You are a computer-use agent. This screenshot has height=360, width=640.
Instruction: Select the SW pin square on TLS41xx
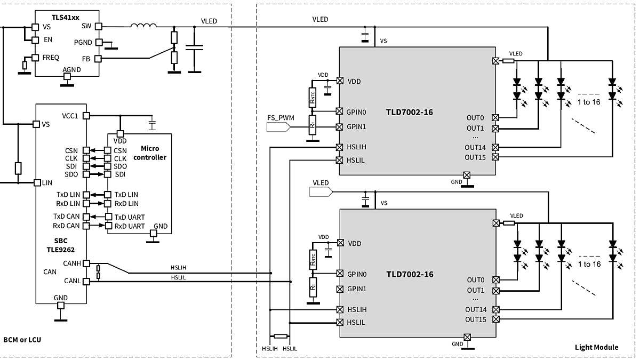point(98,26)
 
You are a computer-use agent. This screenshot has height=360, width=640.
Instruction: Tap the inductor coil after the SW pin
point(143,26)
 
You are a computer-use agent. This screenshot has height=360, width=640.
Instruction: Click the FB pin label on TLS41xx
point(85,59)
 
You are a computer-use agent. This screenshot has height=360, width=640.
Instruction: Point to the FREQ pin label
point(51,57)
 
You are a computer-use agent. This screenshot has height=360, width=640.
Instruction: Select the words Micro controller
point(149,153)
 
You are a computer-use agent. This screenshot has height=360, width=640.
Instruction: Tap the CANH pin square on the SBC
point(86,263)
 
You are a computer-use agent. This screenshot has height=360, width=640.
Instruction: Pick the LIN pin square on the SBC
point(37,182)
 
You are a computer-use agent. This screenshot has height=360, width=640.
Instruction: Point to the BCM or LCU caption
point(22,340)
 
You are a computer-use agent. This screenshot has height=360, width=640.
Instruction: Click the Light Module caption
point(596,347)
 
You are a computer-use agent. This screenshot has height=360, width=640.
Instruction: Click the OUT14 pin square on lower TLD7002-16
point(496,309)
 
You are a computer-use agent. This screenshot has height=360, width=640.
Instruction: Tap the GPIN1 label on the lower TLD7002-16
point(357,289)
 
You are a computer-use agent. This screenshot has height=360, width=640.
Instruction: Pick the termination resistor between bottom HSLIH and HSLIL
point(281,337)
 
